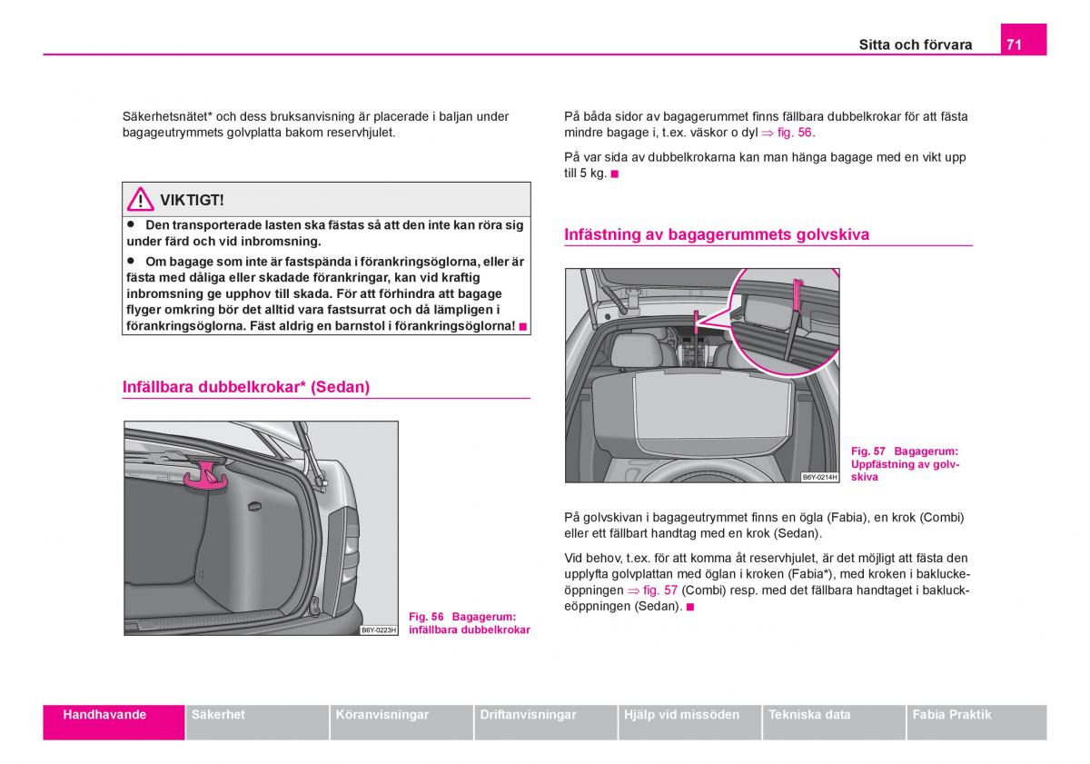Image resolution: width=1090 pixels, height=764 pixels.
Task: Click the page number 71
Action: [1015, 44]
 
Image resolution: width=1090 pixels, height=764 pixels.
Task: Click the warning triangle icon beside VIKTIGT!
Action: [140, 199]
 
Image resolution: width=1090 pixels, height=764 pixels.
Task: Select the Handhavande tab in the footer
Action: [104, 715]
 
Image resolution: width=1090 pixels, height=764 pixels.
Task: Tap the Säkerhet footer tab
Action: [218, 715]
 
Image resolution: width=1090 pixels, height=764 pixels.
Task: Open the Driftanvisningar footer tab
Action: [527, 715]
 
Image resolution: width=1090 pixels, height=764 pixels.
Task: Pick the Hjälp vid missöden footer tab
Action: [681, 715]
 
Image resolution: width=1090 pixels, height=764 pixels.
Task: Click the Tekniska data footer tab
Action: [809, 715]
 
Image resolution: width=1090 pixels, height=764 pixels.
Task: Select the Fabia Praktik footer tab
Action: [952, 715]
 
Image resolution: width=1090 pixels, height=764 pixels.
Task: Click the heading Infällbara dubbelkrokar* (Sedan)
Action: [246, 387]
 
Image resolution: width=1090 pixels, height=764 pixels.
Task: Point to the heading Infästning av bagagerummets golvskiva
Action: [717, 234]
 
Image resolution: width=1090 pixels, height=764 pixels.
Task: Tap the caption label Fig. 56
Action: [426, 617]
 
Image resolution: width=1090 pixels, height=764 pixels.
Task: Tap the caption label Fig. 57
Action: [867, 451]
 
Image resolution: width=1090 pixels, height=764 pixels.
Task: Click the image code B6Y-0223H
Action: [380, 630]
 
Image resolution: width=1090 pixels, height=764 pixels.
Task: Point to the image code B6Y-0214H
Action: [819, 477]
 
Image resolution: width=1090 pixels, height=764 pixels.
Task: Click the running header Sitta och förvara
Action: [916, 45]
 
